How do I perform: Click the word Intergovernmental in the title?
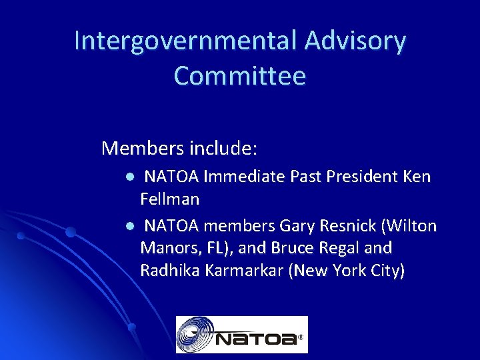186,41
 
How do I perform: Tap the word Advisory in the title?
355,41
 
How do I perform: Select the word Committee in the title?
240,76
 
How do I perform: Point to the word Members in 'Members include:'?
142,148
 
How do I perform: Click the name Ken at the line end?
417,177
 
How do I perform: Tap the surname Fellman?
170,199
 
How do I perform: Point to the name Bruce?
292,249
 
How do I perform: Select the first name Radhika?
169,271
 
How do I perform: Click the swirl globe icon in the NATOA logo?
195,334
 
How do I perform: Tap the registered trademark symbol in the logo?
301,338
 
